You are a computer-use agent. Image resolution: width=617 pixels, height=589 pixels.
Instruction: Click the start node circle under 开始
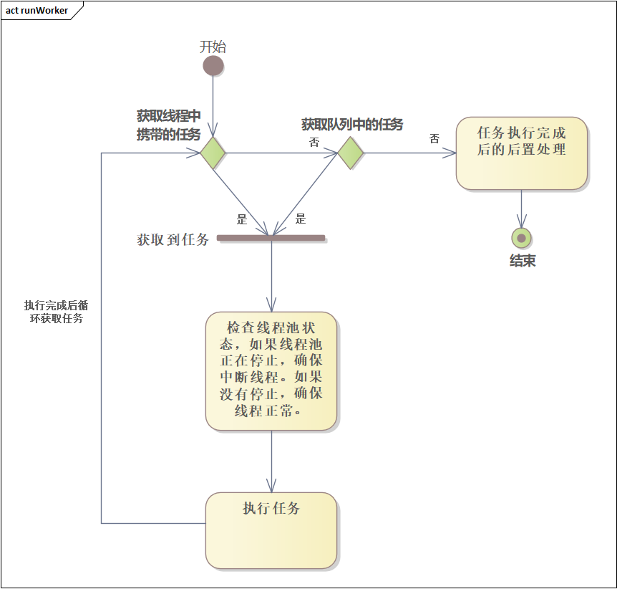(213, 66)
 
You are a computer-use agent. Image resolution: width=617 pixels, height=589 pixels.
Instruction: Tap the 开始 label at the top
(213, 47)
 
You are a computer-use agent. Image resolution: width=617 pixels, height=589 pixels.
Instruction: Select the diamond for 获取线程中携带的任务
(213, 153)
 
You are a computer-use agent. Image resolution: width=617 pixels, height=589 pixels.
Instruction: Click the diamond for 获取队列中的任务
(351, 153)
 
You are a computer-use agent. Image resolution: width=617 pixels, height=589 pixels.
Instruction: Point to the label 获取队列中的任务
(351, 125)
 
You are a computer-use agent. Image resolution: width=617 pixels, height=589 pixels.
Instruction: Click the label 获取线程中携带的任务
(168, 125)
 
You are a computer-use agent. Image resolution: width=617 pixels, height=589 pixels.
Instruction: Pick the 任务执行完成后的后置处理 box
(521, 153)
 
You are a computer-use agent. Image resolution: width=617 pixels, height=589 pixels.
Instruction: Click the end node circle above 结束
(521, 238)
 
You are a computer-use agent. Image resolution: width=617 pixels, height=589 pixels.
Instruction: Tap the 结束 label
(522, 262)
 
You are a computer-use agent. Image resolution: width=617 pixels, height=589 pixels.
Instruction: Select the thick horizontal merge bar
(271, 237)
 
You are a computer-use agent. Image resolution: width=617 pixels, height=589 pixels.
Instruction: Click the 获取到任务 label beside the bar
(173, 240)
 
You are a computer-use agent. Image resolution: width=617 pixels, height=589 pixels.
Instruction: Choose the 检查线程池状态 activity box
(271, 370)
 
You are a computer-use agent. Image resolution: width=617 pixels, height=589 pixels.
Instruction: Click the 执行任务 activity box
(271, 530)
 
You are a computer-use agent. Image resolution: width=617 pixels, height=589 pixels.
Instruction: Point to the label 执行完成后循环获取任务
(57, 312)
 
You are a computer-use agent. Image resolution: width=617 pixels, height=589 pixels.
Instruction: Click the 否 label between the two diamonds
(314, 143)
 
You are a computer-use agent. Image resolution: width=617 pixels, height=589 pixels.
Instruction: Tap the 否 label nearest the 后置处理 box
(434, 139)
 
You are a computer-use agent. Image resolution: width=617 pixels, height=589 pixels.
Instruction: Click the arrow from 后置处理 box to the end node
(521, 208)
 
